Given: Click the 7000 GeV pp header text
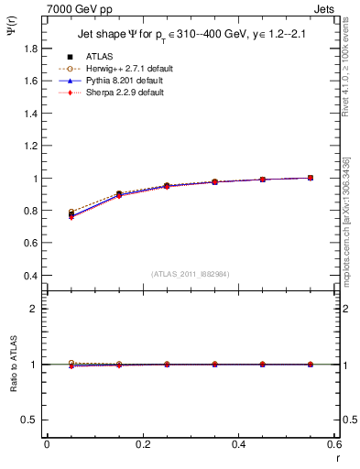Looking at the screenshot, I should [76, 8].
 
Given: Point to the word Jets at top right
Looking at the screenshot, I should [326, 8].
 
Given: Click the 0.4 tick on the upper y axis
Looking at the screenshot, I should [30, 276].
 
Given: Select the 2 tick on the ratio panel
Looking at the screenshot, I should [35, 309].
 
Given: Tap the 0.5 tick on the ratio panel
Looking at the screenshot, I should [30, 420].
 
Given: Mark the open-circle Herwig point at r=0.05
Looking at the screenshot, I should [71, 212].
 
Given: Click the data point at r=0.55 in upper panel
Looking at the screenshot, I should [311, 178].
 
